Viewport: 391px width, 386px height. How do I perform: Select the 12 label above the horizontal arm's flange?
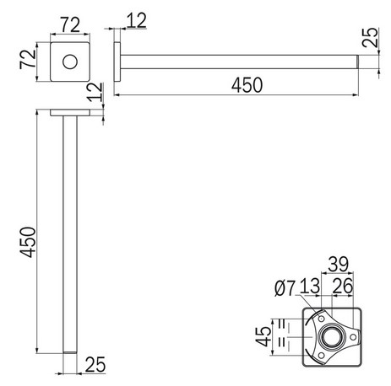(x=136, y=19)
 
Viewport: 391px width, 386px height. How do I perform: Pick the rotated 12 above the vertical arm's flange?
(x=100, y=92)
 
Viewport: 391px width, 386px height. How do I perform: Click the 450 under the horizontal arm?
(x=244, y=85)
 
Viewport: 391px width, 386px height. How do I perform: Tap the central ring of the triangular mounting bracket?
(x=328, y=339)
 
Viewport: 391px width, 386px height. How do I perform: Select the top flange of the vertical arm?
(x=71, y=112)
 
